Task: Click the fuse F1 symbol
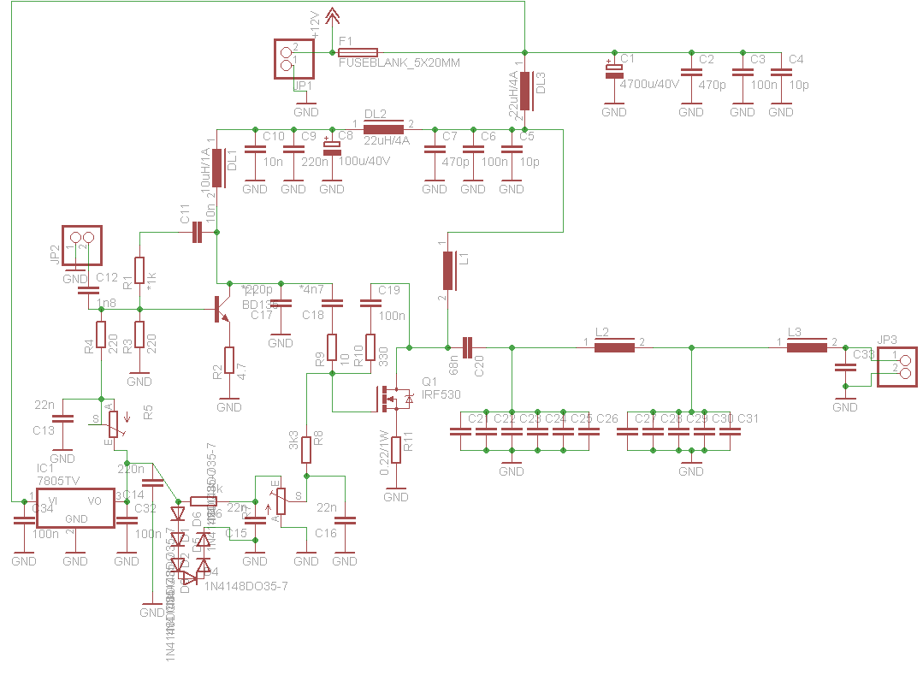click(x=358, y=53)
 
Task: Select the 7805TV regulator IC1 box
click(x=75, y=508)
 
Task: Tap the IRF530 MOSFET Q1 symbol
click(x=395, y=397)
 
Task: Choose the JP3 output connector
click(x=896, y=366)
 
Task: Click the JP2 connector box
click(x=81, y=246)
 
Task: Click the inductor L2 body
click(x=614, y=346)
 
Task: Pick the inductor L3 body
click(x=807, y=346)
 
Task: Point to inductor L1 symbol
click(x=448, y=271)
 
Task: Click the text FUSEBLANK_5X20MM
click(x=399, y=63)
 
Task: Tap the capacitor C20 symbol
click(x=467, y=347)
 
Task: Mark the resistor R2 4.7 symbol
click(x=229, y=363)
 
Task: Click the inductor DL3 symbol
click(x=526, y=91)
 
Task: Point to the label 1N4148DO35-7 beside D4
click(x=246, y=586)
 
